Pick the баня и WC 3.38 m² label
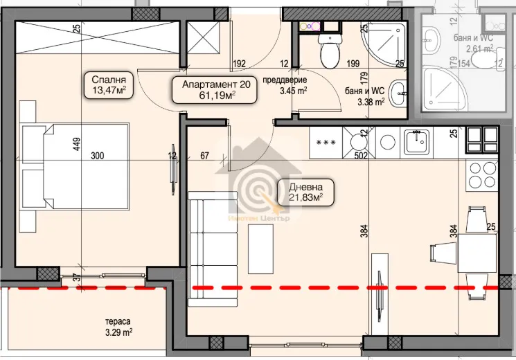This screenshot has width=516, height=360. pyautogui.click(x=364, y=95)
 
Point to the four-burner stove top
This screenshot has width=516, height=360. pyautogui.click(x=483, y=177)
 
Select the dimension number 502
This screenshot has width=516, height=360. pyautogui.click(x=359, y=156)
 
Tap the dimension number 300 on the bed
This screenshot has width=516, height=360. pyautogui.click(x=97, y=156)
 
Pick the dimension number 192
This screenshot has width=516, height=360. pyautogui.click(x=240, y=64)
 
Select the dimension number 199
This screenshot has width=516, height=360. pyautogui.click(x=353, y=64)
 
